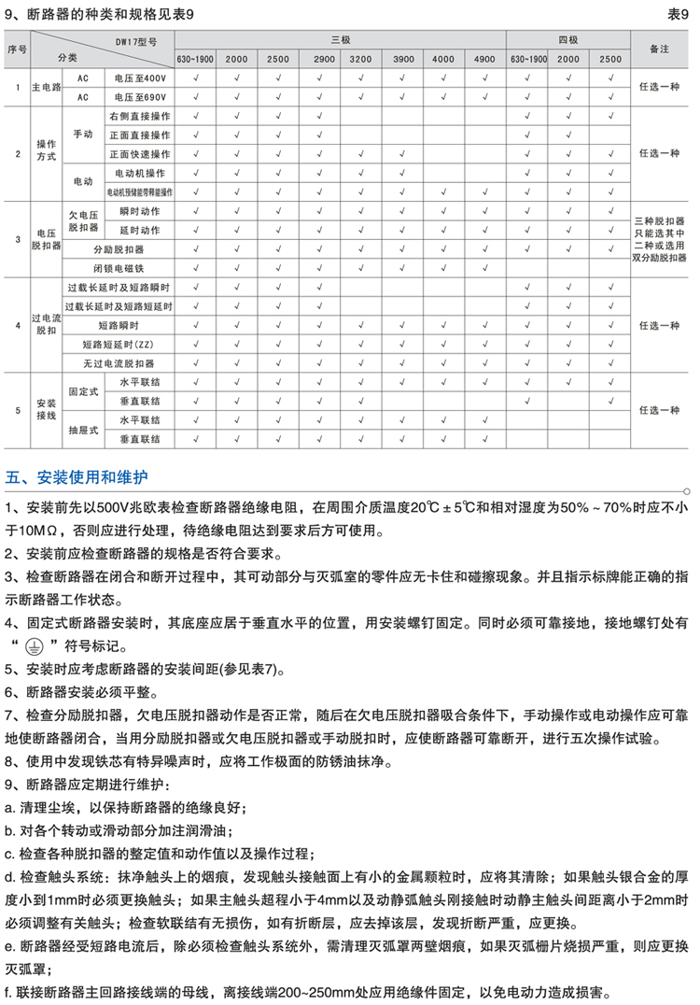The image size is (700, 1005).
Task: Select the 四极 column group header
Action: (569, 40)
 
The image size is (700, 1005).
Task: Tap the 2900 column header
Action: (324, 59)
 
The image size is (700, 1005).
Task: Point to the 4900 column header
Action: (484, 59)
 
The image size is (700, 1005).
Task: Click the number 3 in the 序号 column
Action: (18, 240)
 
